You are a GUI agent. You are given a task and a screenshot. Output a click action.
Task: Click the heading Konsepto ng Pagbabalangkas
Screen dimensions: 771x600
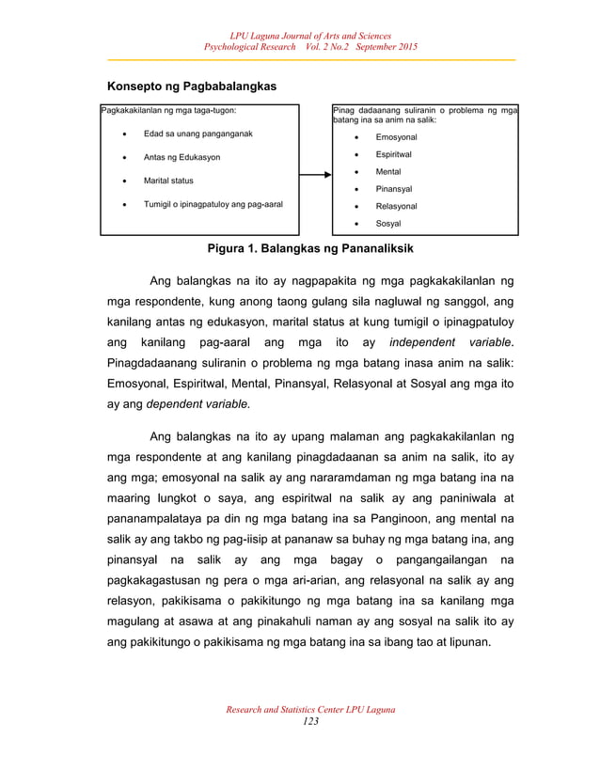191,87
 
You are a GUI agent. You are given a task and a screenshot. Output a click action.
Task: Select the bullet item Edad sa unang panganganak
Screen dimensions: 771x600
197,134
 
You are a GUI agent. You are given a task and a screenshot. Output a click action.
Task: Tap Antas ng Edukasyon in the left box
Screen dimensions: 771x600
182,157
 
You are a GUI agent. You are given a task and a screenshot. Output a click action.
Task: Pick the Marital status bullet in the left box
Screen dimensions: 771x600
168,180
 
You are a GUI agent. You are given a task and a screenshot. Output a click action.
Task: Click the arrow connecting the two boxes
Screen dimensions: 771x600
316,174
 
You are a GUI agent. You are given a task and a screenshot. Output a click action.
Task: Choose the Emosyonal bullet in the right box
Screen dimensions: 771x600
396,137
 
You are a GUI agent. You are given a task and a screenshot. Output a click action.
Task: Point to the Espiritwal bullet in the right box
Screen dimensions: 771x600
396,154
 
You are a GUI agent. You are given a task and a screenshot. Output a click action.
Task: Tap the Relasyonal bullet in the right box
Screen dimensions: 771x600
397,206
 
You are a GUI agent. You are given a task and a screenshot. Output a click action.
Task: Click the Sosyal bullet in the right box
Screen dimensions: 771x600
388,224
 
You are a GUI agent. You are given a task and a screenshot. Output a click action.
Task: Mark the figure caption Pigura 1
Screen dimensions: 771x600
310,249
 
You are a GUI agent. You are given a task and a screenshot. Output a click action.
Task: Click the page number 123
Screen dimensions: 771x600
310,720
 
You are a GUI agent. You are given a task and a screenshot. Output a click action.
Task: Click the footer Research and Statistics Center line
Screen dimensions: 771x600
310,709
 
